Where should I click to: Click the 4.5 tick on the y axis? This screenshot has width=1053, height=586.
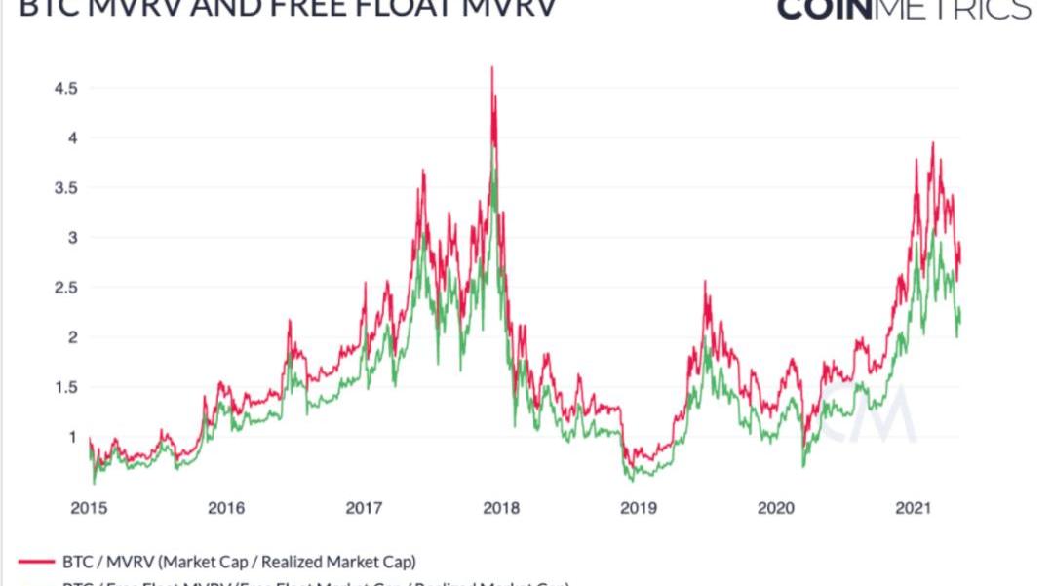(x=65, y=88)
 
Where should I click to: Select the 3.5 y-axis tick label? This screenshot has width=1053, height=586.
(x=65, y=187)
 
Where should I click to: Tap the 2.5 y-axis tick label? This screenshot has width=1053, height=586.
(x=65, y=288)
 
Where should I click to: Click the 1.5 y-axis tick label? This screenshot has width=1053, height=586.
(x=65, y=387)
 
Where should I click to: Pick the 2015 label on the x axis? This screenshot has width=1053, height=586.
(x=89, y=508)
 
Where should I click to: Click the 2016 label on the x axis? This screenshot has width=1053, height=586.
(x=226, y=508)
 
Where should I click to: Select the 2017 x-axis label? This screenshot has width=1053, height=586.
(x=364, y=508)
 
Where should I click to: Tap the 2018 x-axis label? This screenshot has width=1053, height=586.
(x=501, y=508)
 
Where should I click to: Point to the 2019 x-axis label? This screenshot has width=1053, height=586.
(x=639, y=508)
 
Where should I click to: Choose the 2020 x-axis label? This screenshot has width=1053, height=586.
(x=776, y=508)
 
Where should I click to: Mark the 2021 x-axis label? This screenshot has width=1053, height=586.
(x=914, y=508)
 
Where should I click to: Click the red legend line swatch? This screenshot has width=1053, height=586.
(x=37, y=562)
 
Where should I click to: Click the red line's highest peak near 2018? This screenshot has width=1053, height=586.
(x=492, y=67)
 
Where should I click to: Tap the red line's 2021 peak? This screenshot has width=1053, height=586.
(x=933, y=143)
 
